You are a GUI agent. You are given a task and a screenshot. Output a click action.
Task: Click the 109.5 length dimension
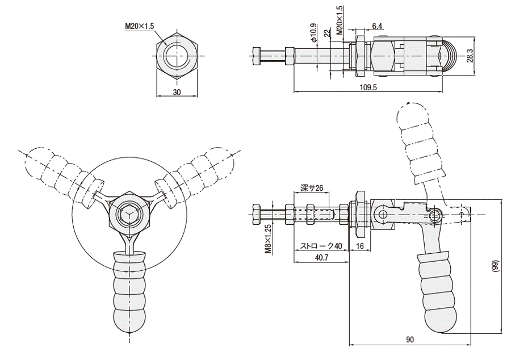(368, 87)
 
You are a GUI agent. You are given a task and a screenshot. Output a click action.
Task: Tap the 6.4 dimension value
(376, 26)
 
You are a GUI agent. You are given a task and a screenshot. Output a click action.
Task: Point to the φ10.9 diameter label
(313, 32)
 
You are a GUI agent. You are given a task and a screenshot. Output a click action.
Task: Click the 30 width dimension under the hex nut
(177, 92)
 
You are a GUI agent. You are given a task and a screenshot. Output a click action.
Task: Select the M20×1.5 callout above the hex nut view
(140, 26)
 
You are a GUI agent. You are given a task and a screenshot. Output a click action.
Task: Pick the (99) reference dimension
(495, 266)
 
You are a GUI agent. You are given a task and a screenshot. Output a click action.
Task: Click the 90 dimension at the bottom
(410, 340)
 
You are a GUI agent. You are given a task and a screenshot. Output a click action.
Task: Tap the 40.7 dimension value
(322, 257)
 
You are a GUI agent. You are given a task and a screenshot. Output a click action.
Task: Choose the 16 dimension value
(360, 246)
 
